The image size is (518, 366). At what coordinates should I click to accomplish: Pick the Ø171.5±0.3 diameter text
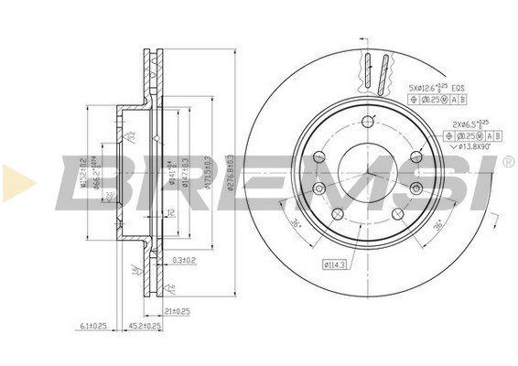point(210,171)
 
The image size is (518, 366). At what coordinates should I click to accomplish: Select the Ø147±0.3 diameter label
point(185,171)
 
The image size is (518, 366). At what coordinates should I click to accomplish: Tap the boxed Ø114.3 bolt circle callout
point(335,265)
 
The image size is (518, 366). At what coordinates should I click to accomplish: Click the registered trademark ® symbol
point(508,162)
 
